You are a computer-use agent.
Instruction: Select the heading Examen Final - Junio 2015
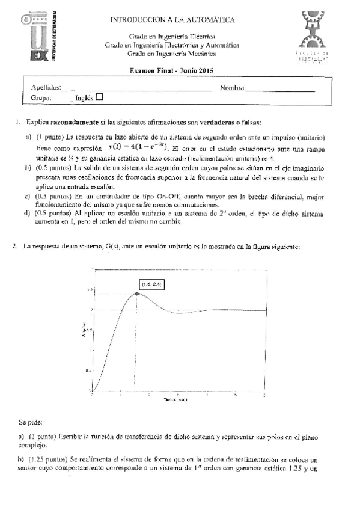tap(171, 70)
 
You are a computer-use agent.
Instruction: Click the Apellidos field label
tap(45, 87)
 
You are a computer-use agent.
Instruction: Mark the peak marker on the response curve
tap(138, 293)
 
